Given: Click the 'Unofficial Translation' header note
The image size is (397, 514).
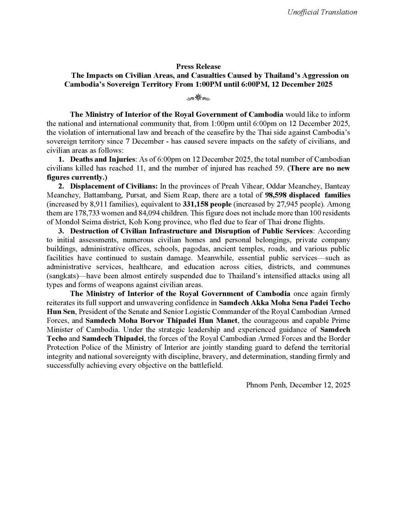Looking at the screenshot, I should click(322, 12).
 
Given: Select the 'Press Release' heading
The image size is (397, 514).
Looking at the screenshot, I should click(198, 66).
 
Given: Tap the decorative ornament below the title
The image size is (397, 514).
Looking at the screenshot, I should click(198, 98).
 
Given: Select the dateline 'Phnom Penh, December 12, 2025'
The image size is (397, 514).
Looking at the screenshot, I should click(298, 385).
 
